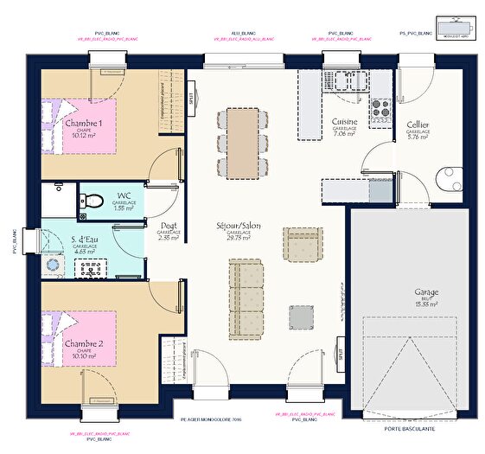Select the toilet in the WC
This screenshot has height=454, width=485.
tap(93, 201)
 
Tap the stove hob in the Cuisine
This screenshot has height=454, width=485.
tap(380, 109)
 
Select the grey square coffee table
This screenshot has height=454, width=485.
tap(302, 317)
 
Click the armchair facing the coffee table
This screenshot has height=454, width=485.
tap(303, 245)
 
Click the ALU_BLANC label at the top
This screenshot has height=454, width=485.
tap(242, 32)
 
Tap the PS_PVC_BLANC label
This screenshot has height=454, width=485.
tap(415, 33)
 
